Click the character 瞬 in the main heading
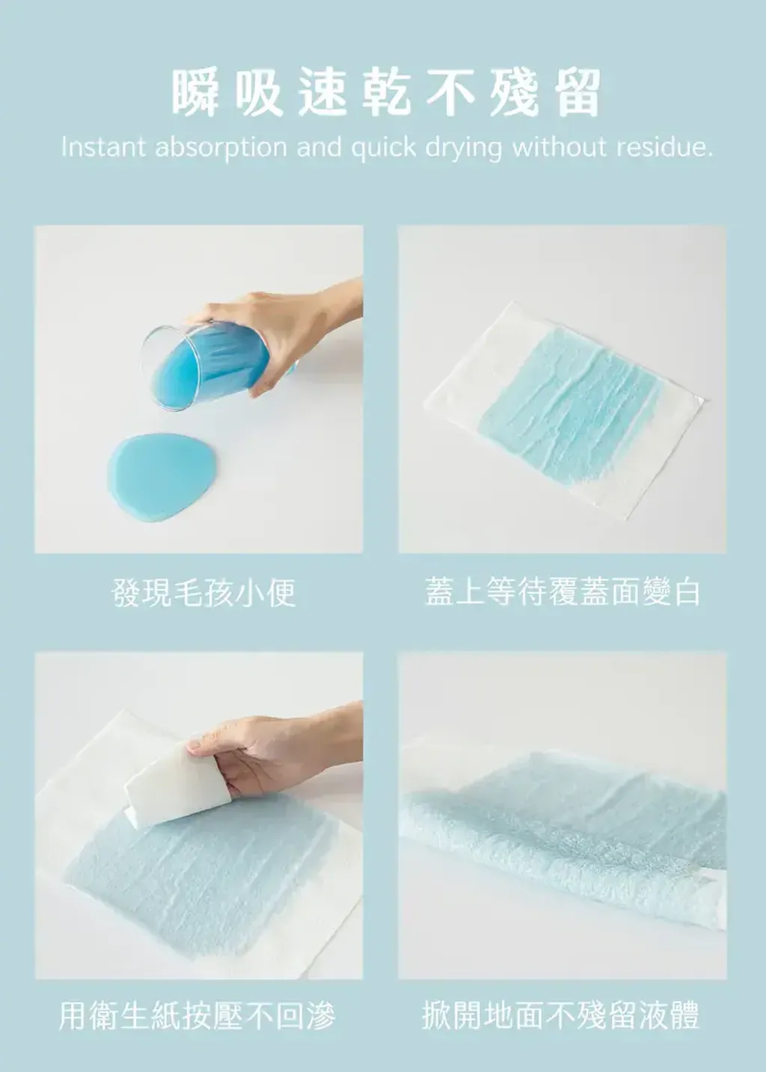coord(196,93)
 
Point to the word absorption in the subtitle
coord(221,148)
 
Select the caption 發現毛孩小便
coord(203,592)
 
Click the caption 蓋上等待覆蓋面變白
coord(562,591)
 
